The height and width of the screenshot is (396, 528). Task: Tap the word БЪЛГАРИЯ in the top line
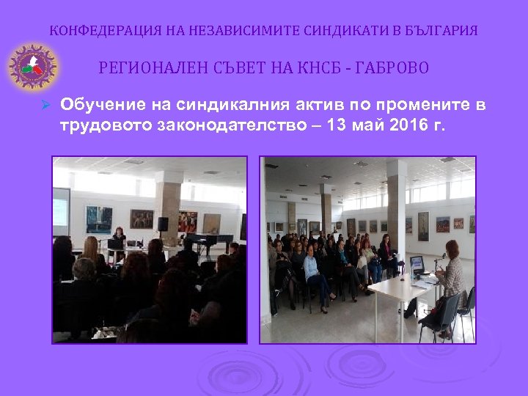pyautogui.click(x=439, y=31)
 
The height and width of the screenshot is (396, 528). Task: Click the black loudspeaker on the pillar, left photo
pyautogui.click(x=163, y=223)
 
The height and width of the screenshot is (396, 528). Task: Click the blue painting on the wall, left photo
pyautogui.click(x=98, y=218)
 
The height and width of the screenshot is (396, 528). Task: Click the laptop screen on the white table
pyautogui.click(x=417, y=263)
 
